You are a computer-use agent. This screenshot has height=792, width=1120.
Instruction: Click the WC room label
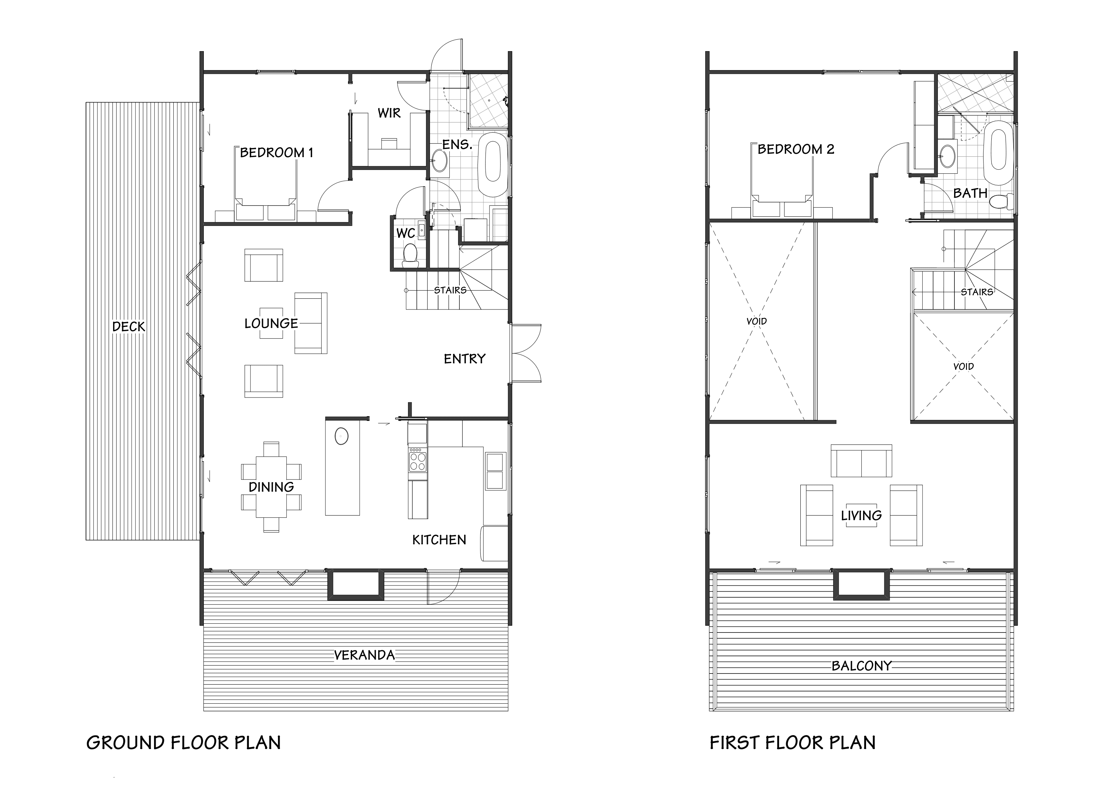[405, 233]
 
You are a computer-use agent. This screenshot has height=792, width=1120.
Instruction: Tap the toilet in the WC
[410, 255]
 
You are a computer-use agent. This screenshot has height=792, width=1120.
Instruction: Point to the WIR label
[389, 113]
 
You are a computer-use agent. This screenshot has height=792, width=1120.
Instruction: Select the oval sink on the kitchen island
[342, 435]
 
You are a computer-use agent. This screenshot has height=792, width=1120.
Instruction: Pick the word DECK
[129, 326]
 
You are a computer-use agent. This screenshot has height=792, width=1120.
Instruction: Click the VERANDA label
[364, 655]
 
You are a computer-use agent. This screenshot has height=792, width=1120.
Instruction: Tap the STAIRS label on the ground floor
[450, 290]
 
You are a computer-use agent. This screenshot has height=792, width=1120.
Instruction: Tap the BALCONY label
[861, 666]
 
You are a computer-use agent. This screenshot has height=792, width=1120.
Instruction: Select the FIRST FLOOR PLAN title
[792, 743]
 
